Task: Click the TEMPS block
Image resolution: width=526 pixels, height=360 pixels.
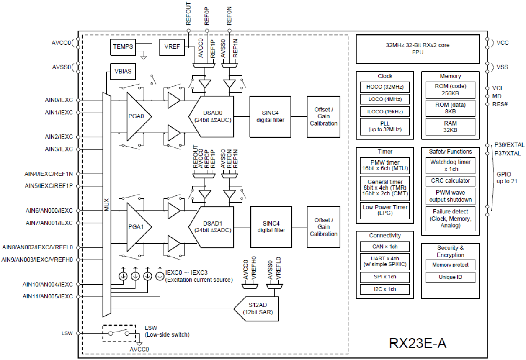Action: pyautogui.click(x=123, y=47)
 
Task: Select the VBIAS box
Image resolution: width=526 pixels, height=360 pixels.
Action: pyautogui.click(x=122, y=71)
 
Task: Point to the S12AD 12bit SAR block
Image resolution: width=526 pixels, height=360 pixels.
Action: pyautogui.click(x=255, y=309)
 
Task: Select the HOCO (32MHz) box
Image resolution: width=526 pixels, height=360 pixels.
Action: pyautogui.click(x=384, y=87)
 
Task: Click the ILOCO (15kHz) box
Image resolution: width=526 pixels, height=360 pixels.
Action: pyautogui.click(x=384, y=112)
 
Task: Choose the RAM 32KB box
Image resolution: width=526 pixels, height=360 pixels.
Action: pyautogui.click(x=450, y=126)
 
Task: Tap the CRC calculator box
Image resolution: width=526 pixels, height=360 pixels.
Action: pyautogui.click(x=450, y=181)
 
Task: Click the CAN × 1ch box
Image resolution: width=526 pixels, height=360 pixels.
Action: pyautogui.click(x=384, y=247)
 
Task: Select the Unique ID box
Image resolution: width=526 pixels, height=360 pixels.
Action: pyautogui.click(x=450, y=277)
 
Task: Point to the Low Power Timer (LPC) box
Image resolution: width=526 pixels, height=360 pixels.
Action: pyautogui.click(x=384, y=210)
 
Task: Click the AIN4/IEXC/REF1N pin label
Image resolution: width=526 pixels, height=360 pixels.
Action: pyautogui.click(x=49, y=173)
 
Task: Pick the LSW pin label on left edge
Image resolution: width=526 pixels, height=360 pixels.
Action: pyautogui.click(x=67, y=334)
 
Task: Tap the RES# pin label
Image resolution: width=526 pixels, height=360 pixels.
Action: pyautogui.click(x=500, y=104)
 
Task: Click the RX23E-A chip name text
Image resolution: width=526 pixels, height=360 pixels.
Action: pyautogui.click(x=418, y=343)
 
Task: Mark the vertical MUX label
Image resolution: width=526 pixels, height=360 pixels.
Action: pyautogui.click(x=106, y=205)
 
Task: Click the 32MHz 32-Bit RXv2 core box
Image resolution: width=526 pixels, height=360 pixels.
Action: pyautogui.click(x=417, y=49)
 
